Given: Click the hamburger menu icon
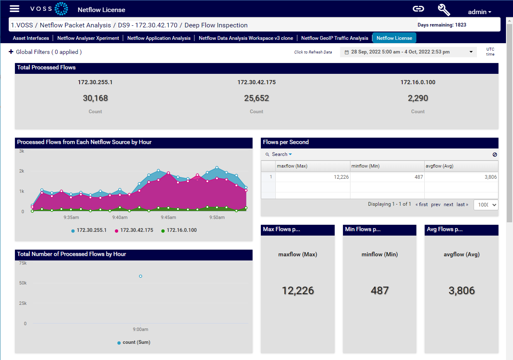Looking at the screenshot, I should tap(15, 9).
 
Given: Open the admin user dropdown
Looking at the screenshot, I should tap(479, 12).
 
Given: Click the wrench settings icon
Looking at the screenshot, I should tap(444, 10).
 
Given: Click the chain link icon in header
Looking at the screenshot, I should tap(418, 9).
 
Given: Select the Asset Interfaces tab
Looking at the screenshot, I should tap(31, 38).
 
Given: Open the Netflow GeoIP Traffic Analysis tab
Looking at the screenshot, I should tap(334, 38).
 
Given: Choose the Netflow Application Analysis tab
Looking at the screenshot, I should tap(159, 38).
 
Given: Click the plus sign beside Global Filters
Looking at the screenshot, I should tap(11, 52).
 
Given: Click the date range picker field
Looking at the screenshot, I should tap(408, 52).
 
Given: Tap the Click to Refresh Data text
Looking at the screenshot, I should tap(313, 52).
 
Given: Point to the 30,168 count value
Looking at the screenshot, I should tap(95, 98).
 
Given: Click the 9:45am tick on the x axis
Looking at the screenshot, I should tap(168, 217).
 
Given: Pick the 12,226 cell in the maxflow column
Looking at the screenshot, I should tap(313, 177).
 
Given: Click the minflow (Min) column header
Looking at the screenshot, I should tap(365, 166).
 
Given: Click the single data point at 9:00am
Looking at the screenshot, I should tap(141, 276).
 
